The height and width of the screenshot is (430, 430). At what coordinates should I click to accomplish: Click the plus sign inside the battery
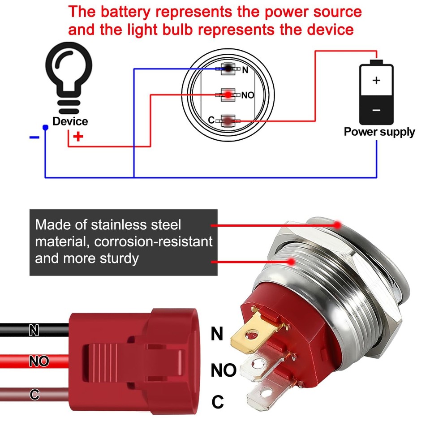coord(376,81)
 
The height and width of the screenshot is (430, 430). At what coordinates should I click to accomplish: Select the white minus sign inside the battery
coord(376,110)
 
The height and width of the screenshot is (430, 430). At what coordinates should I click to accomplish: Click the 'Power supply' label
coord(379,132)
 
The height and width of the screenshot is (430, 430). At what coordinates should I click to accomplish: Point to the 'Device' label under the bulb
coord(70,121)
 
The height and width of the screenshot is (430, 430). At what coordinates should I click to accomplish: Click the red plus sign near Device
coord(78,137)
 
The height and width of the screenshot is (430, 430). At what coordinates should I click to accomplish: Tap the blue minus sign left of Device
coord(34,137)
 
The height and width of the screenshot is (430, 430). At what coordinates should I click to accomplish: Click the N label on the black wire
coord(34,331)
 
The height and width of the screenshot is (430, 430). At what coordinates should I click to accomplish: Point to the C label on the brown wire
coord(34,395)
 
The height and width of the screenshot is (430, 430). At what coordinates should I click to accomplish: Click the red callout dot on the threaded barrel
coord(292,261)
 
